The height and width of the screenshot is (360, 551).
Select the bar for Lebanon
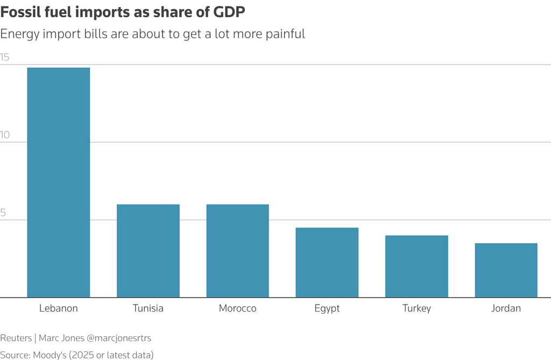(59, 182)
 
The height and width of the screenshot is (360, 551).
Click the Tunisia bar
(148, 251)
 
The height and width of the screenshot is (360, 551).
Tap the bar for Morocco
(238, 251)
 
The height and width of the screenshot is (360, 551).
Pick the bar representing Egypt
(327, 263)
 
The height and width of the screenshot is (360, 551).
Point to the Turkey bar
(416, 266)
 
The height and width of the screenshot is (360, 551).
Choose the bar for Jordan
(506, 270)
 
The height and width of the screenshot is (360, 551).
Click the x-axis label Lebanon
(59, 309)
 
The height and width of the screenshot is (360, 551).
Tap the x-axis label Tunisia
(148, 309)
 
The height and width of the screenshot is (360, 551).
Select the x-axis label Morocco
(238, 309)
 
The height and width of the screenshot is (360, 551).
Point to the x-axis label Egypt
(327, 309)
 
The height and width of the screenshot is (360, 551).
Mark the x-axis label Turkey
(416, 309)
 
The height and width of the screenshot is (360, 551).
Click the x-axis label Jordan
(506, 309)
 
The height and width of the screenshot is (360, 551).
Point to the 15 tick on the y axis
(5, 58)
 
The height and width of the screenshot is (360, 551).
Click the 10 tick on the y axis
(5, 135)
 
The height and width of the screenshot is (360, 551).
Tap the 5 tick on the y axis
(3, 213)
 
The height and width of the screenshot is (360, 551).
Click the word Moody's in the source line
(52, 355)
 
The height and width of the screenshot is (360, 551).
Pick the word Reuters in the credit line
(16, 338)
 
